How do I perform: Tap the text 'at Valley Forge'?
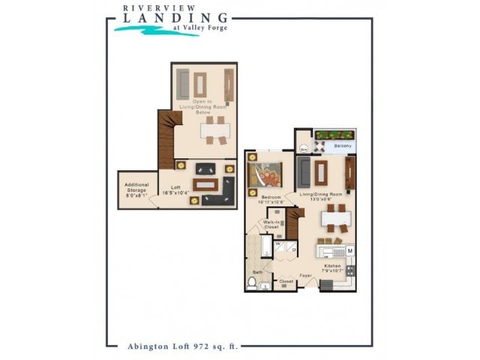(x=199, y=28)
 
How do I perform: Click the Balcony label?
(x=343, y=145)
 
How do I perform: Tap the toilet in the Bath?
(x=252, y=283)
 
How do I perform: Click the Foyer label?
(x=306, y=275)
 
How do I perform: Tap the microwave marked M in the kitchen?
(x=349, y=250)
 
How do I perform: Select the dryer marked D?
(x=293, y=248)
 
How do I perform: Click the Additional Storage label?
(x=136, y=187)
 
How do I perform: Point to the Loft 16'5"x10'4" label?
(x=177, y=190)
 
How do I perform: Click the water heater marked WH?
(x=303, y=149)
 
